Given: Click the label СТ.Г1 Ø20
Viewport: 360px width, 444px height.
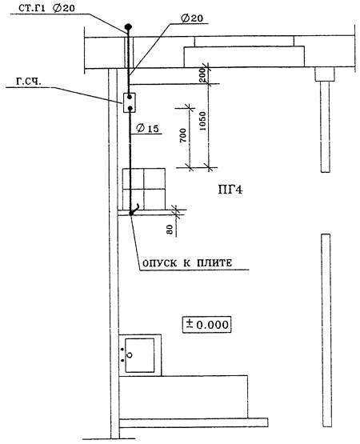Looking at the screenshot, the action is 46,8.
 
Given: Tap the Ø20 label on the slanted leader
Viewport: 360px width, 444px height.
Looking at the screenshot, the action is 192,18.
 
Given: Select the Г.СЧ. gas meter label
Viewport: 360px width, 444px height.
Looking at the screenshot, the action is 28,82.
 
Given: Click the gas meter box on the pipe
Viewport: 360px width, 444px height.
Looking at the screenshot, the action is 129,102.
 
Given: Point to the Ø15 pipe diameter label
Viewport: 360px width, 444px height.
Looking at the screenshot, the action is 147,128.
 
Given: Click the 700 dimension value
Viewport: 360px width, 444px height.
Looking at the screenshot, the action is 183,135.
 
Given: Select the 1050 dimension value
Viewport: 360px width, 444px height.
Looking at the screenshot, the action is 203,121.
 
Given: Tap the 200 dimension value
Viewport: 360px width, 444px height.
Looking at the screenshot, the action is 203,75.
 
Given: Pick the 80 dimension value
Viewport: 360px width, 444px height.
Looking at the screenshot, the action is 170,229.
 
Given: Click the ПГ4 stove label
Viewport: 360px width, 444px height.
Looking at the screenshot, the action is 230,190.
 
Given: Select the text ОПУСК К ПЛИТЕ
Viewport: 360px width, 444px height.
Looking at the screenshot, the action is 187,263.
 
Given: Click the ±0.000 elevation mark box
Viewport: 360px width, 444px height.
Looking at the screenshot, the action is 206,325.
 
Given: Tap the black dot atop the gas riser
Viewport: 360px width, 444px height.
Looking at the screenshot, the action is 128,27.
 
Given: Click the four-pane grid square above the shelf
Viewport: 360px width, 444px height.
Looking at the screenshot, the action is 144,189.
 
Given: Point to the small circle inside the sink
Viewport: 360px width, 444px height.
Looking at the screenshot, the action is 130,354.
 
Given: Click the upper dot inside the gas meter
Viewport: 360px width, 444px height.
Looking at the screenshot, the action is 130,97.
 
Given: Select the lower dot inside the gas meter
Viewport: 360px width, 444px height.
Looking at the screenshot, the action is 130,108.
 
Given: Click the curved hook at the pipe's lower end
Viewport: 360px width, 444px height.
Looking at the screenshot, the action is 134,210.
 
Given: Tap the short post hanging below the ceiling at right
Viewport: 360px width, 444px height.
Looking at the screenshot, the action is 325,120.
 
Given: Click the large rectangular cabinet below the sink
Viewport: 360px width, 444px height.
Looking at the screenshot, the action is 183,397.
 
